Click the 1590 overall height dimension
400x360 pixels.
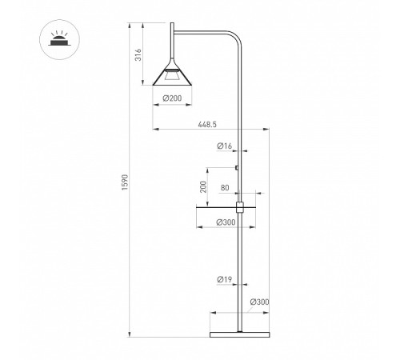[125, 182]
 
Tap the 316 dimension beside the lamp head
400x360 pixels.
[138, 54]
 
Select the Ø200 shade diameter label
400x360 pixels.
[172, 98]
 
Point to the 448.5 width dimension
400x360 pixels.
[207, 124]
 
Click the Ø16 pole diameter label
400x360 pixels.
[224, 146]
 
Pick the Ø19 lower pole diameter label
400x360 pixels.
[224, 279]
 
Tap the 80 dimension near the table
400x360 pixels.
[225, 188]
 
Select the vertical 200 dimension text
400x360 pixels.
[203, 186]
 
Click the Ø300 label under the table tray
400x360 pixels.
[226, 222]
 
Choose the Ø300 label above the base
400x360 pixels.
[259, 302]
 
